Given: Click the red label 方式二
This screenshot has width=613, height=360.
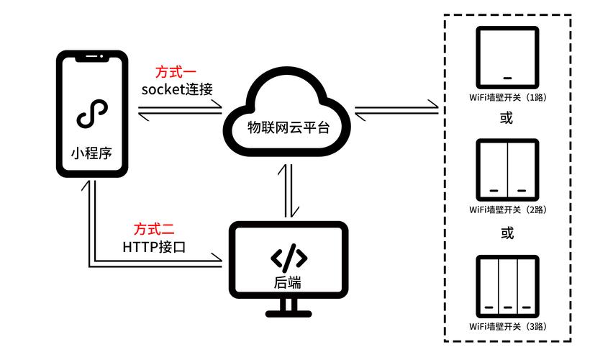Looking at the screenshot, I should pos(153,230).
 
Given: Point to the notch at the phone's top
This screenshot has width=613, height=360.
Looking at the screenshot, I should pos(91,58).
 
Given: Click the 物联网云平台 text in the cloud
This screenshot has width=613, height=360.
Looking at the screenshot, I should pos(289,128).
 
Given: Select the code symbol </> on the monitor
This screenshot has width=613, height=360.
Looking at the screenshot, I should pos(289,257).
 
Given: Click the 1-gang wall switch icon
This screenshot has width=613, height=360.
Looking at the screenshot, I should pos(507,58).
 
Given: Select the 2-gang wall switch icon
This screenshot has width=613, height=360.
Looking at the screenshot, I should pos(507,170).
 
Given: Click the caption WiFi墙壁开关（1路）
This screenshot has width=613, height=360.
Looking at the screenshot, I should pos(507,98).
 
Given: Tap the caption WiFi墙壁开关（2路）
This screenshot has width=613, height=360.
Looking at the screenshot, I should pos(507,210).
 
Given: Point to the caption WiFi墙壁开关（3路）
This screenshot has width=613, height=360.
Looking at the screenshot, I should pos(507,325).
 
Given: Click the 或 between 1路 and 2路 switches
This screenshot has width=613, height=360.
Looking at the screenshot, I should pos(507,119).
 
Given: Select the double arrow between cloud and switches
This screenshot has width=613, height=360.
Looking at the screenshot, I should pos(396,110).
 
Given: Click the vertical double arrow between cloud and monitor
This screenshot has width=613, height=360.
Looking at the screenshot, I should pos(288,192).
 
